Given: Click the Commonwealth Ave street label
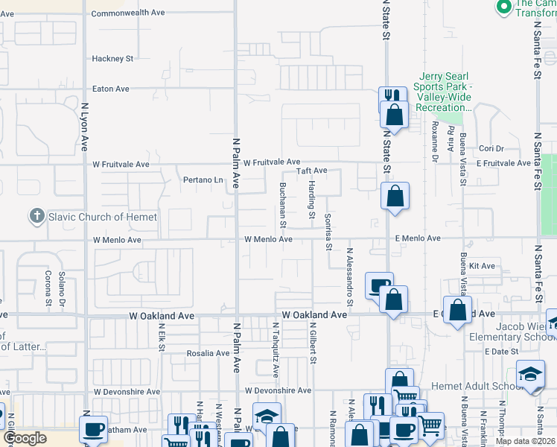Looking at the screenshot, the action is tap(128, 13).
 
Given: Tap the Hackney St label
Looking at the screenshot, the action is tap(112, 58).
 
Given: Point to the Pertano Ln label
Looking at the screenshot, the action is tap(203, 180).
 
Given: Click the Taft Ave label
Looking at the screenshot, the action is tap(312, 171).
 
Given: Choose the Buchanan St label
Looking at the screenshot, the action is tap(283, 205).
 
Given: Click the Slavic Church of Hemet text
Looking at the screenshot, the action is tap(104, 217).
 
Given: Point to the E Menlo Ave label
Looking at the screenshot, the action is tap(418, 238).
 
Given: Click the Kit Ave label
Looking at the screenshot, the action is tap(483, 266).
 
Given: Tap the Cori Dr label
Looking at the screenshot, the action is tap(491, 149).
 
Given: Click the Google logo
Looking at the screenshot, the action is tap(25, 439).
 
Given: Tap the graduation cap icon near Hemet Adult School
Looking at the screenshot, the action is tap(529, 374).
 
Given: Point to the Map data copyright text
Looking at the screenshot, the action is tap(525, 441).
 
